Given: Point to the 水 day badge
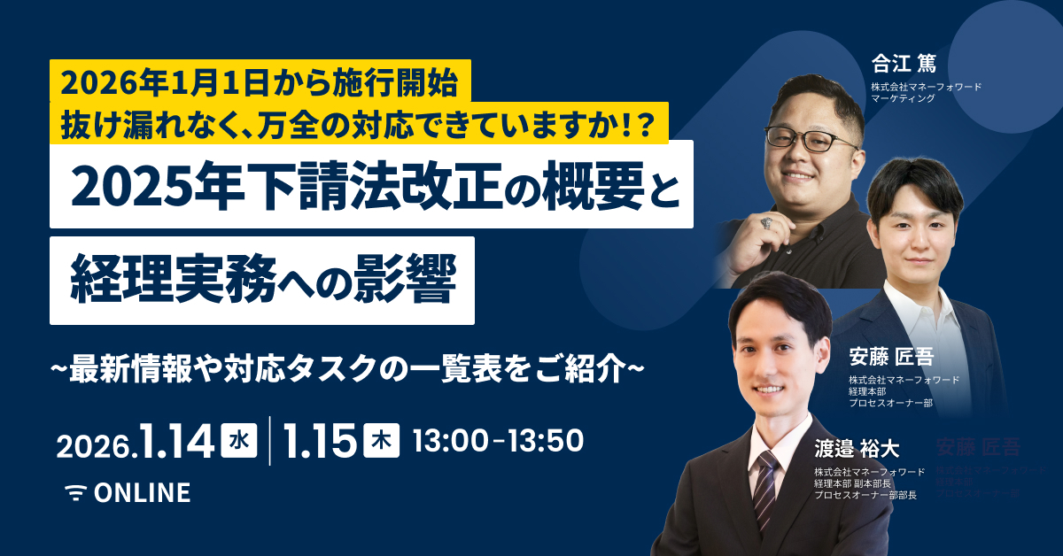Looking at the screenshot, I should coord(237,440).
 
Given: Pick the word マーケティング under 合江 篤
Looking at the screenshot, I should coord(903,99).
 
